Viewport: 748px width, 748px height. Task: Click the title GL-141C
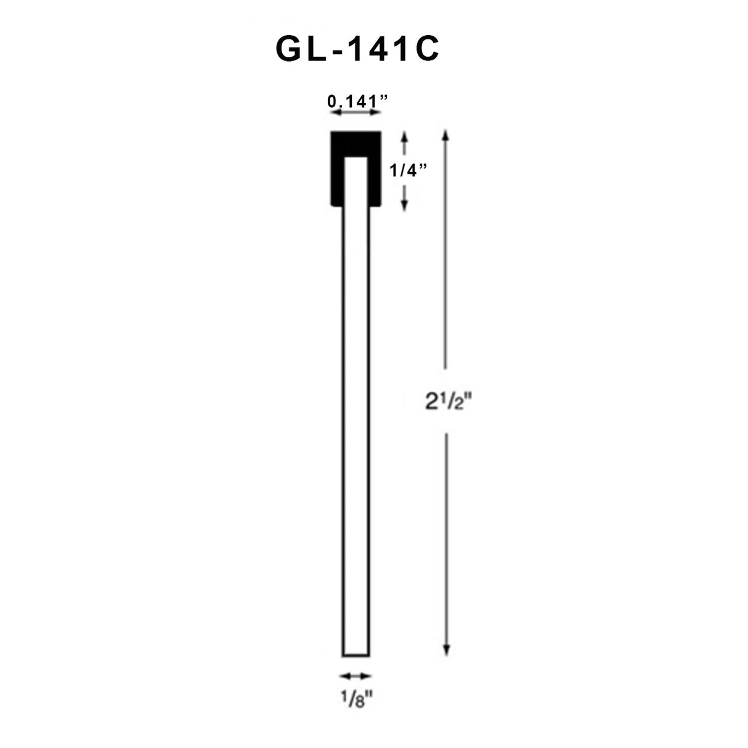click(x=357, y=50)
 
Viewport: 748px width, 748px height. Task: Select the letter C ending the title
click(x=425, y=50)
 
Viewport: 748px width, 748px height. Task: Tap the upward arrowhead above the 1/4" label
click(x=405, y=136)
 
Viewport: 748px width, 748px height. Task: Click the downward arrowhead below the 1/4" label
click(x=405, y=206)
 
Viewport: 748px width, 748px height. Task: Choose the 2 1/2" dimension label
click(x=448, y=402)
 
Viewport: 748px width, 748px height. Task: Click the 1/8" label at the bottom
click(x=357, y=701)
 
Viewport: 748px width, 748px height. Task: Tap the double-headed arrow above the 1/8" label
click(x=356, y=676)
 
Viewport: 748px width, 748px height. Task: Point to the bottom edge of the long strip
click(x=356, y=656)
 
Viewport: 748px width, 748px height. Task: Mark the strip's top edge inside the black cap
click(x=356, y=157)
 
